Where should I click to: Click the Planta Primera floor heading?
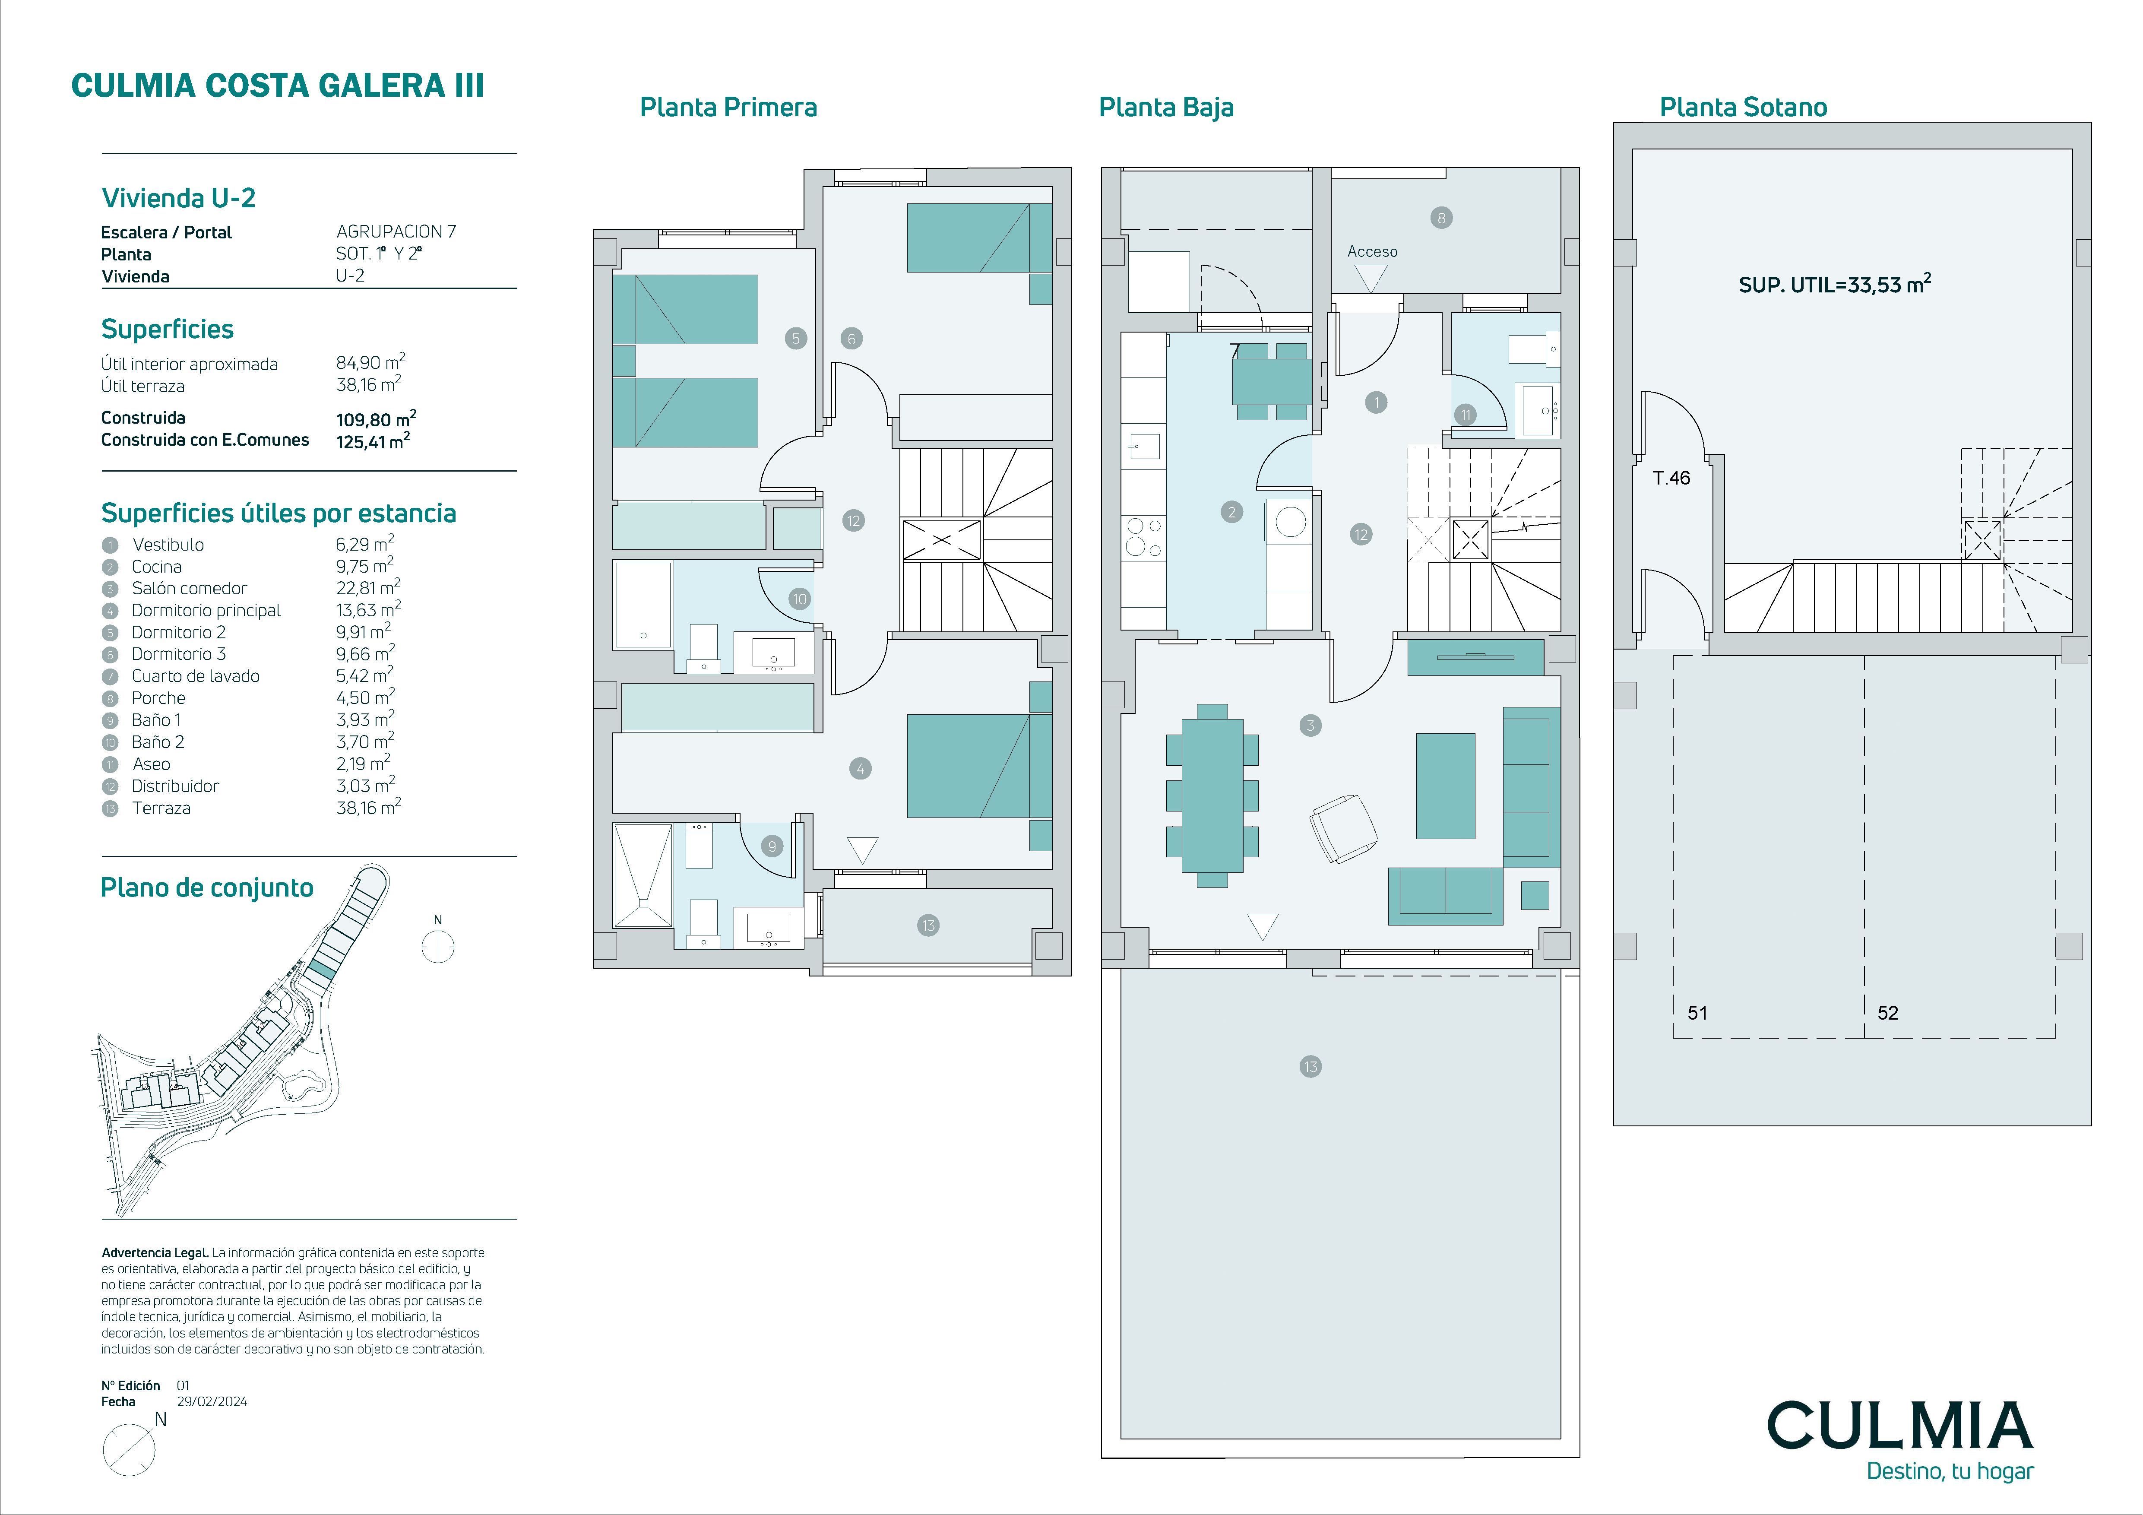728,108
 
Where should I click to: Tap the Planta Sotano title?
1743,108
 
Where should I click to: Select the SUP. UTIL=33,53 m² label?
1834,284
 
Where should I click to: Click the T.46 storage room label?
1671,478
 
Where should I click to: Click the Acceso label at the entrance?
1372,251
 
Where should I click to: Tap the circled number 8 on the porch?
1441,219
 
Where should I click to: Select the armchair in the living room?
1343,828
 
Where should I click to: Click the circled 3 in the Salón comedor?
1310,725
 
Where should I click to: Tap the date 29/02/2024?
212,1401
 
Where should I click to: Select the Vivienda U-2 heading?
178,198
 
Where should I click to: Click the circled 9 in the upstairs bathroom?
772,846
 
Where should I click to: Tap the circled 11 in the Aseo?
1466,415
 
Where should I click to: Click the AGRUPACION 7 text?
396,231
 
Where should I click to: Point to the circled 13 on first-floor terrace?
928,926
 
